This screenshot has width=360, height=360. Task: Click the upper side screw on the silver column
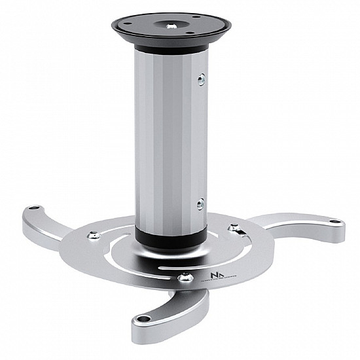200,79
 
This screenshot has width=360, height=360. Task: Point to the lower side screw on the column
200,205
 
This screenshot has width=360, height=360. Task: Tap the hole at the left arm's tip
34,211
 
